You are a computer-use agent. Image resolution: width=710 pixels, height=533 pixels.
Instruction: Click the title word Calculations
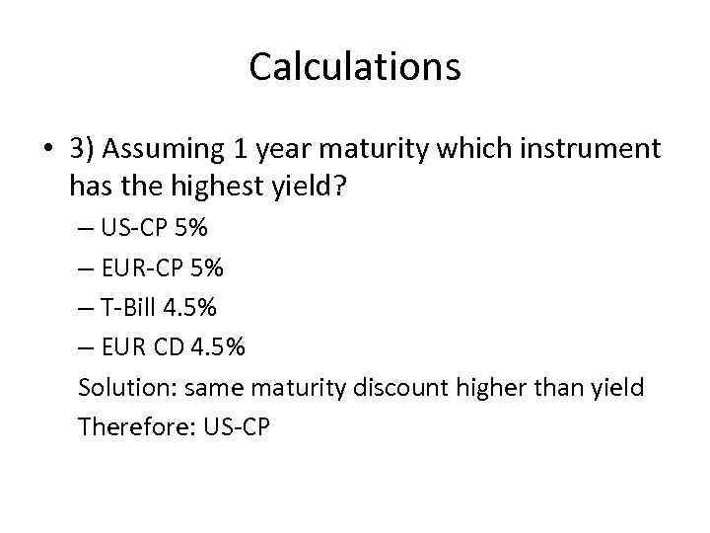tap(355, 67)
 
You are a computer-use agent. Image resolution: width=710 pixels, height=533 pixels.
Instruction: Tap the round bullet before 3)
tap(47, 151)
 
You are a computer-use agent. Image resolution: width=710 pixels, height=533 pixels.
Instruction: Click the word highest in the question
tap(218, 185)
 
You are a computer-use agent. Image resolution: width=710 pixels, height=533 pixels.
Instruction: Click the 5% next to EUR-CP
tap(206, 267)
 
